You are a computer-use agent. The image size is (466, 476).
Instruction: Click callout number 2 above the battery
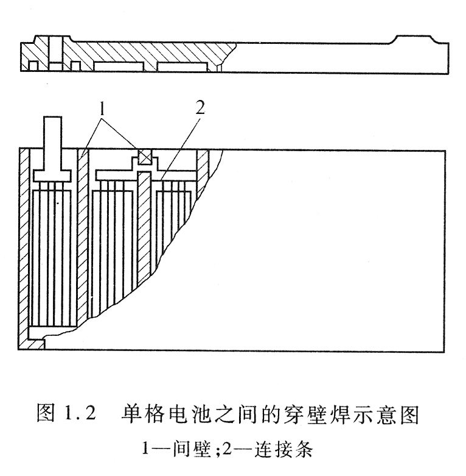(200, 107)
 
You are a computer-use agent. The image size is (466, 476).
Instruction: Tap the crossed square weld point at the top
(144, 157)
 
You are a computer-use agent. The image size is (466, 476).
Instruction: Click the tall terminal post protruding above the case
(53, 143)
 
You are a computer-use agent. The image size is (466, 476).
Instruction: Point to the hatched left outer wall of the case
(24, 243)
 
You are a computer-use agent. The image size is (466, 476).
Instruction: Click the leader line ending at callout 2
(180, 148)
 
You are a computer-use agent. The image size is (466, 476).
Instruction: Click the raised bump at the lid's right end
(415, 39)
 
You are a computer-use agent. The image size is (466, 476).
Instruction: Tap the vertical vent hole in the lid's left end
(55, 49)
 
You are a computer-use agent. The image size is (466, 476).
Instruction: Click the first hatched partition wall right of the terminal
(83, 237)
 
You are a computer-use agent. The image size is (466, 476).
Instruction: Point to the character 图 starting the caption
(46, 414)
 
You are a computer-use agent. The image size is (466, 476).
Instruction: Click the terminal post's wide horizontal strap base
(52, 176)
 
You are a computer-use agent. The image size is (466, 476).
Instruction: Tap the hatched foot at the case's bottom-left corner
(32, 344)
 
